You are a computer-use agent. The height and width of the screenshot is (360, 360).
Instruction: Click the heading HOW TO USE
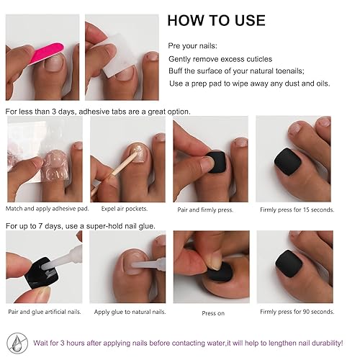point(216,20)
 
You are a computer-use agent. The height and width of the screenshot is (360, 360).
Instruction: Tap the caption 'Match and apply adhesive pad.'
point(42,210)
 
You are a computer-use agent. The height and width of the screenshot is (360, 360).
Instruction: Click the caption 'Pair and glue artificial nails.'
point(44,312)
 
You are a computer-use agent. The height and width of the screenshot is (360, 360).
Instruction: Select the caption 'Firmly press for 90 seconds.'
point(297,312)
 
